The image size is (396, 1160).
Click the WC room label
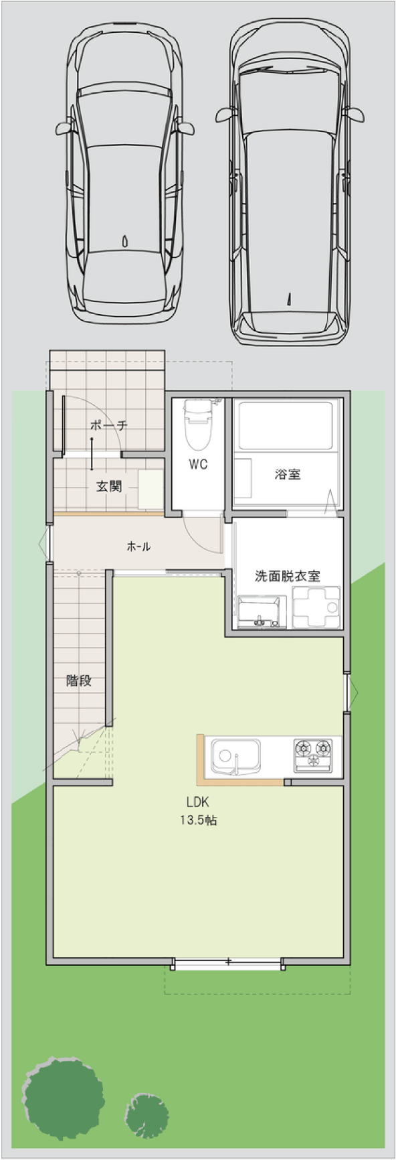(x=198, y=464)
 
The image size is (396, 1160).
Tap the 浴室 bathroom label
(x=288, y=474)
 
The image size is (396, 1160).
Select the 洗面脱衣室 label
(x=288, y=575)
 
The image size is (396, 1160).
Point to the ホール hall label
(x=138, y=547)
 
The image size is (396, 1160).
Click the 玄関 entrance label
(x=108, y=486)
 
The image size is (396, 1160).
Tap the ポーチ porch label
(x=109, y=425)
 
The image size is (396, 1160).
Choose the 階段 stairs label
(x=79, y=681)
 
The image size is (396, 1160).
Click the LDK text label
(x=198, y=802)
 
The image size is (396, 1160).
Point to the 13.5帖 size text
(x=198, y=820)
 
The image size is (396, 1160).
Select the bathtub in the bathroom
(x=286, y=425)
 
